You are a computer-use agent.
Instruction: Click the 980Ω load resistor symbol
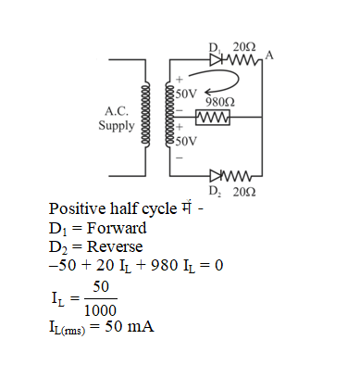(213, 117)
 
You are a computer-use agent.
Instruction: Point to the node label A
(268, 57)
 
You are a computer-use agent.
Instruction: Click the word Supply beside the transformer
(117, 124)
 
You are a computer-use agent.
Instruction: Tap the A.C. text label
(117, 111)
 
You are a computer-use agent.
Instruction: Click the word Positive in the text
(79, 208)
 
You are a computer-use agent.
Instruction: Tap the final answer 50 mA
(131, 329)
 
